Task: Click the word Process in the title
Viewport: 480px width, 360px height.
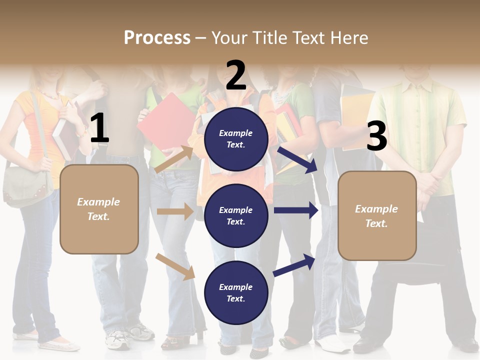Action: point(157,38)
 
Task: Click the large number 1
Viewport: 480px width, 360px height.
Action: point(99,128)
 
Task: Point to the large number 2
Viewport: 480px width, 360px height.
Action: point(236,75)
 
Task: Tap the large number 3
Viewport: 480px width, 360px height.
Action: point(376,136)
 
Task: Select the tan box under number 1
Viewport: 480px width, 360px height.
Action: point(99,209)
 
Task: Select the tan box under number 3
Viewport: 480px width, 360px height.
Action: point(377,216)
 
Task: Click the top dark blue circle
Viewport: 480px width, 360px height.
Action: point(236,139)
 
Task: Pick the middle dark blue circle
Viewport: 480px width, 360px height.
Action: point(236,216)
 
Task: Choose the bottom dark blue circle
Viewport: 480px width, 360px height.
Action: point(236,293)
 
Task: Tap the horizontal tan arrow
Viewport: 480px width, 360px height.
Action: point(175,211)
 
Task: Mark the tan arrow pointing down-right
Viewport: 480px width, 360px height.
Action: point(175,266)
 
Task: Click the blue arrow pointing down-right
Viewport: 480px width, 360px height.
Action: point(297,159)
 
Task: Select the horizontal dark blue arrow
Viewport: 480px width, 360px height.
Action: point(296,210)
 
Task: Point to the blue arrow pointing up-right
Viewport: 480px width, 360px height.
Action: point(294,265)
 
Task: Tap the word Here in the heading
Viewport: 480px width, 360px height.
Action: point(348,38)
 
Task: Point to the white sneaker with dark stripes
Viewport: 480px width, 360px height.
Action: point(118,340)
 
